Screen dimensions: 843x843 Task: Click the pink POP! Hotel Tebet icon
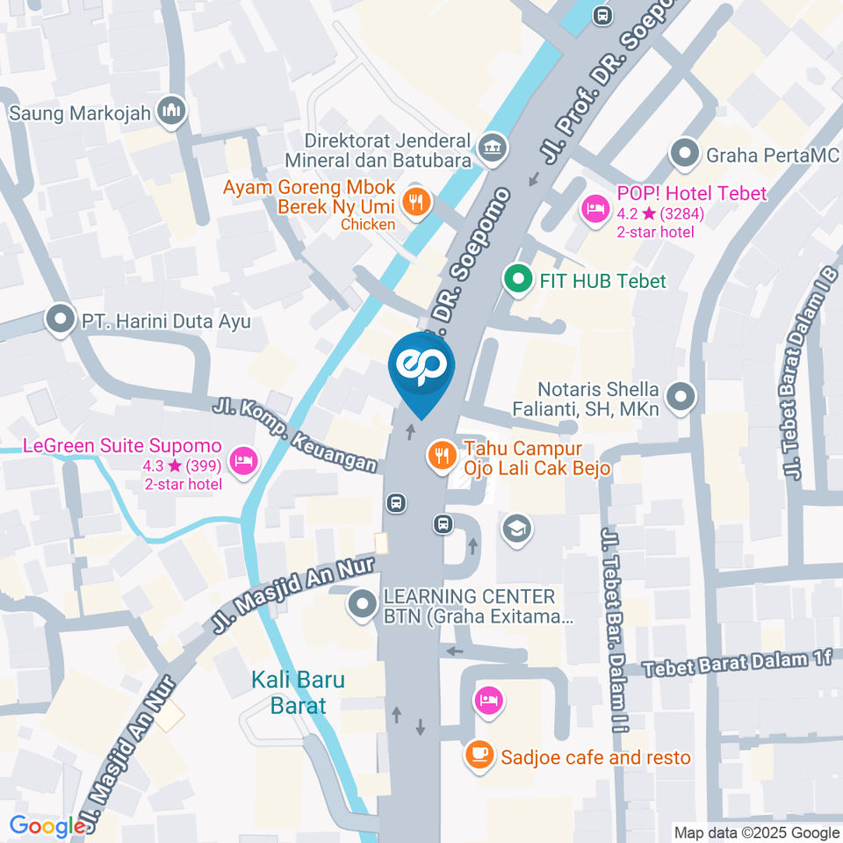point(594,208)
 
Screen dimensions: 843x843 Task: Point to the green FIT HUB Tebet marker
point(518,280)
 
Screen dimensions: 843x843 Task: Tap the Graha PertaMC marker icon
point(683,155)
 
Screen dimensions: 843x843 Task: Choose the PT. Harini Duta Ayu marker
point(61,321)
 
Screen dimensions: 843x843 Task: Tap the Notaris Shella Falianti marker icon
point(681,398)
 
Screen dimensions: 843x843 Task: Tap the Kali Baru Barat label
point(298,692)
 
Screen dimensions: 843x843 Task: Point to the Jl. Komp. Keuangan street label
point(294,436)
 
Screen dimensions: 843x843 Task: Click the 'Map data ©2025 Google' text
point(756,832)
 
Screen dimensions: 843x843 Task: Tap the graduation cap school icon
point(517,528)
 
